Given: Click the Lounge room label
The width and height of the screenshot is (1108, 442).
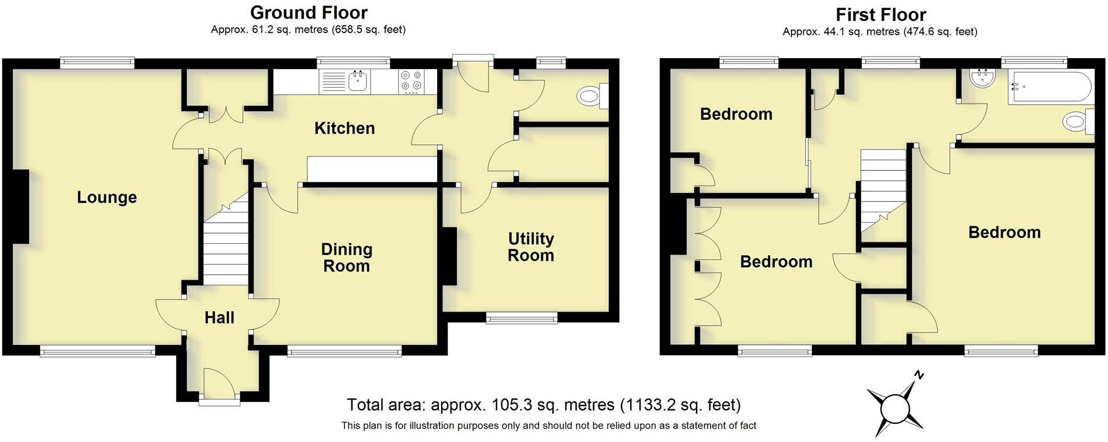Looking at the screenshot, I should tap(107, 198).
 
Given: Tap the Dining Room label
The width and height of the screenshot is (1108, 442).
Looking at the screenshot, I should tap(346, 258).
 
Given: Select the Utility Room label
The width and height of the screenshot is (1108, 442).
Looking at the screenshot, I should tap(531, 247).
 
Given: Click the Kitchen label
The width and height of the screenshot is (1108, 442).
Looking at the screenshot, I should tap(345, 129).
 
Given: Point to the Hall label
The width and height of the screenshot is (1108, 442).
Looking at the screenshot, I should tap(219, 318).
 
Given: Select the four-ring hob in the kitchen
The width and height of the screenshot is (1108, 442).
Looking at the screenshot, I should tap(411, 81).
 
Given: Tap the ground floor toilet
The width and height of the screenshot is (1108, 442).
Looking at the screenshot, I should tap(591, 96).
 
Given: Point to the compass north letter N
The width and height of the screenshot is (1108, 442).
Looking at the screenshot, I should tap(919, 375).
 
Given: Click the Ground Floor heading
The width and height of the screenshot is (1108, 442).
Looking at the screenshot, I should tap(308, 12).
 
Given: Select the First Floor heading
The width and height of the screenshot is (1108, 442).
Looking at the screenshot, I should tap(880, 15).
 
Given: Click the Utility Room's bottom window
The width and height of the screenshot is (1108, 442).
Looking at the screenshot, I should tap(522, 318).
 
